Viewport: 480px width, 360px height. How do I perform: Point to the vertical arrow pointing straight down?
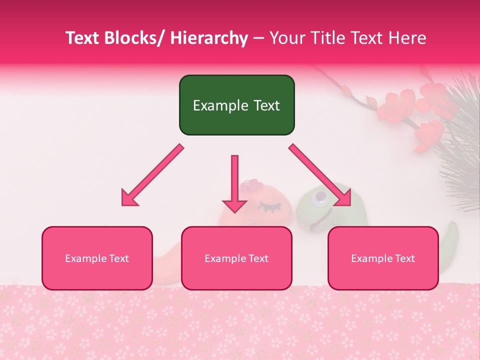click(234, 183)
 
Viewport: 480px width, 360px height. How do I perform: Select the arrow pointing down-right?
click(320, 175)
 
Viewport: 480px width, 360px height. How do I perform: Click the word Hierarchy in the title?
click(209, 38)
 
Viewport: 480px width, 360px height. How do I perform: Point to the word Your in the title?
click(287, 38)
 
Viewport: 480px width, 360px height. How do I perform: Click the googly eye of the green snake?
click(319, 200)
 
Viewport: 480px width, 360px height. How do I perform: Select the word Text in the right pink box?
click(404, 258)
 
